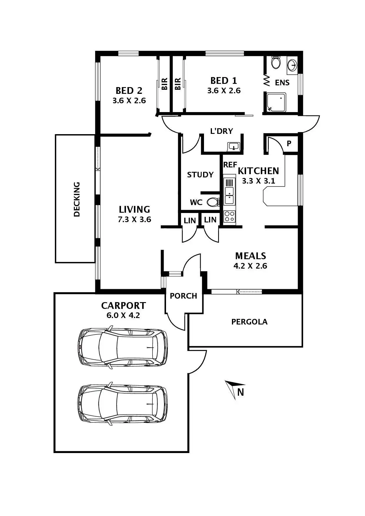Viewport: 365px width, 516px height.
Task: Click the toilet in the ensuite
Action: tap(276, 63)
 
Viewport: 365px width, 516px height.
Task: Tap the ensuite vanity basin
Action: tap(292, 65)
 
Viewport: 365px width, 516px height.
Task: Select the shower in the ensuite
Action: tap(276, 102)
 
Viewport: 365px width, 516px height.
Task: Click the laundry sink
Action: tap(234, 146)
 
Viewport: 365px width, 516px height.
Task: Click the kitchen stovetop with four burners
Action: tap(230, 217)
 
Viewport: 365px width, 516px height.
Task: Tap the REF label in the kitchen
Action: tap(230, 165)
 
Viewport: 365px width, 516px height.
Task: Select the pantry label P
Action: tap(289, 143)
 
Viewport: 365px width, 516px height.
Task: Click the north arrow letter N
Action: tap(240, 392)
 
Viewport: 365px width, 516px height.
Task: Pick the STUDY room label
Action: tap(200, 175)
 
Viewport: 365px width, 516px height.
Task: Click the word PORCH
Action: tap(183, 296)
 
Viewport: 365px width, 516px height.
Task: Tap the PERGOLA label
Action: tap(249, 322)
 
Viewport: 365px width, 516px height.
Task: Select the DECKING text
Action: tap(77, 199)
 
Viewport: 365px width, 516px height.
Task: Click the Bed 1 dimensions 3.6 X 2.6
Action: tap(224, 91)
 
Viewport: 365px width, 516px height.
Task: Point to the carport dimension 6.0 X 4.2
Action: tap(123, 315)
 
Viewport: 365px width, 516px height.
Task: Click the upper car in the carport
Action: tap(122, 347)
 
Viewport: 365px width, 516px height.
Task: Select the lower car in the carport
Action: tap(122, 404)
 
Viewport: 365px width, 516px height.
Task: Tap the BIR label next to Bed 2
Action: tap(164, 84)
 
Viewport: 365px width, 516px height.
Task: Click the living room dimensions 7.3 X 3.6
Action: tap(134, 219)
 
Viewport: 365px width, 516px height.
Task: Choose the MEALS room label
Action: tap(250, 256)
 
